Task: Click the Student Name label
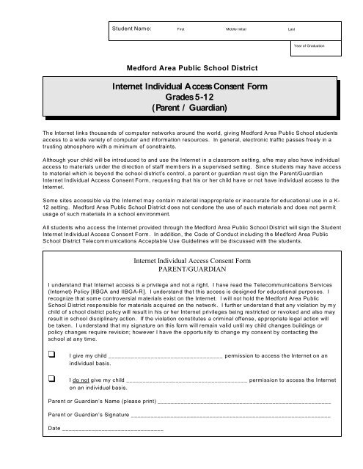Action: click(x=131, y=27)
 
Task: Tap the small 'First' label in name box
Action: click(x=181, y=28)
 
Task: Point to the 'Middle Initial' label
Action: click(x=236, y=28)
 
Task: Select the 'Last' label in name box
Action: click(x=292, y=28)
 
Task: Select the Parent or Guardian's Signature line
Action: click(x=234, y=416)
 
